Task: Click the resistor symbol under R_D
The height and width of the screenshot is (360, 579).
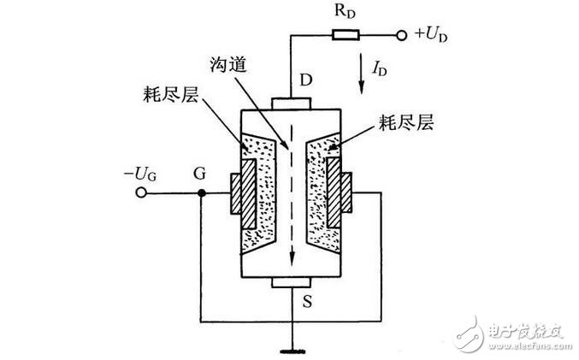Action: tap(346, 35)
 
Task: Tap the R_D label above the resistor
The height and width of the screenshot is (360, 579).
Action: tap(345, 11)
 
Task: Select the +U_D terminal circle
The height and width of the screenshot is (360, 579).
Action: tap(401, 35)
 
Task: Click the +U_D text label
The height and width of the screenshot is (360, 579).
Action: tap(431, 34)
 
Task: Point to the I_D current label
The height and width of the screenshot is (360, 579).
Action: tap(379, 68)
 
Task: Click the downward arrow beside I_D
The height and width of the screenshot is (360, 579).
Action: tap(362, 74)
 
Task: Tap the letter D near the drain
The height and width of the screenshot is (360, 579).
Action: tap(305, 80)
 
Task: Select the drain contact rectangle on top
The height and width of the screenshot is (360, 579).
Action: tap(291, 103)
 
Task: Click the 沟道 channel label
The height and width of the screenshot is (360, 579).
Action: tap(227, 65)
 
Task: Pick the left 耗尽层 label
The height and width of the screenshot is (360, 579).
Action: tap(170, 95)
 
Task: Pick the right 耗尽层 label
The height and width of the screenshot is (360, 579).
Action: tap(406, 122)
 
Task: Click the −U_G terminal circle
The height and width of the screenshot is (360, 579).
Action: tap(141, 192)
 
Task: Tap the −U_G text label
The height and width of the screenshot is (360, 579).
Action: tap(140, 174)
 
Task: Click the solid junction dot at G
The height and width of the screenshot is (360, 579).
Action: tap(201, 192)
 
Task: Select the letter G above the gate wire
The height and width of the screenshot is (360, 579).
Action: tap(200, 173)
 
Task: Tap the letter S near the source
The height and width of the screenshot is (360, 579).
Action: tap(307, 302)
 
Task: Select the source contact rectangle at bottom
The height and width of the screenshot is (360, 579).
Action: tap(292, 282)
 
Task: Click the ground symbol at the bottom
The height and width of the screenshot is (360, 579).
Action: tap(292, 351)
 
